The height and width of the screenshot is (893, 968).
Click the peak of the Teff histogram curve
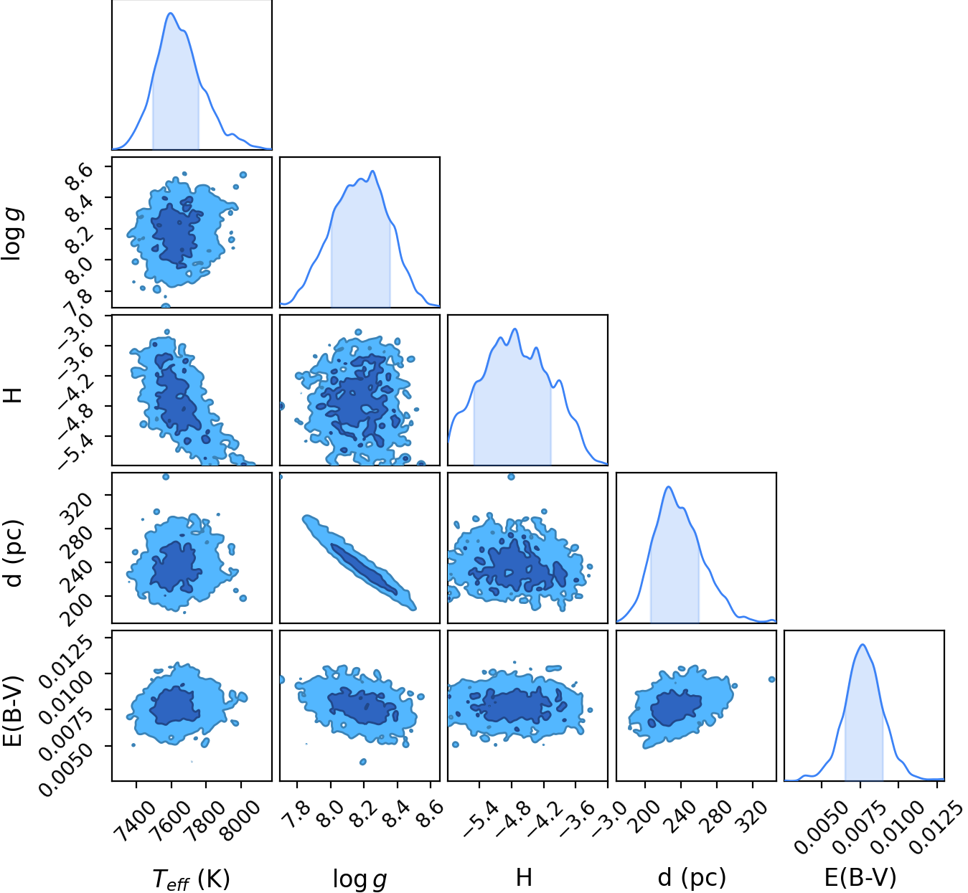click(171, 13)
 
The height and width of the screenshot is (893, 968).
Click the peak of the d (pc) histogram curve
click(669, 486)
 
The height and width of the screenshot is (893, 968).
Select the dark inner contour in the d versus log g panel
click(364, 569)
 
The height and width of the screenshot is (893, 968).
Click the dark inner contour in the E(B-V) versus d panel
click(677, 708)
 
